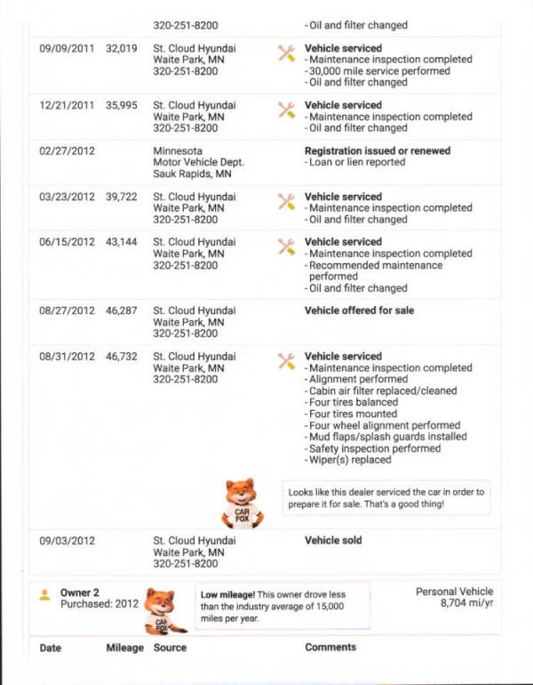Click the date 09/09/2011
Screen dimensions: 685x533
67,49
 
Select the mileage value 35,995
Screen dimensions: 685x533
121,106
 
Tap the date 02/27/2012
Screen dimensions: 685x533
67,151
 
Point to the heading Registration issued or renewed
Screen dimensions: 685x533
377,151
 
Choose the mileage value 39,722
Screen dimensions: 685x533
121,197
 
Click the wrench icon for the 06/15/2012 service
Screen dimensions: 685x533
286,246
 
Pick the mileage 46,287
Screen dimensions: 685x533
121,311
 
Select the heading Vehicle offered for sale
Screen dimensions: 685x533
359,311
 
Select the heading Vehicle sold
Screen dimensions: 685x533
333,540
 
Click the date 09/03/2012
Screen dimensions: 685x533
67,541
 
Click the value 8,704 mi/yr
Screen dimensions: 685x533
466,603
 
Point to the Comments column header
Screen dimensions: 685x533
330,648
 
